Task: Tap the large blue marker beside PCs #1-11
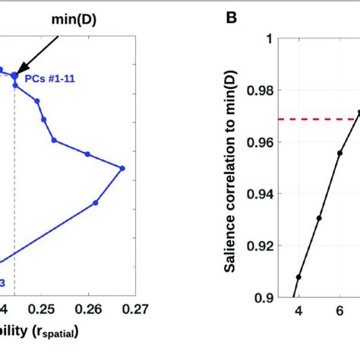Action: point(14,75)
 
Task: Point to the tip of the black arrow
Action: point(17,71)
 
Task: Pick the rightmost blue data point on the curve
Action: point(122,168)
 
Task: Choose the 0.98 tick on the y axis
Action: point(259,90)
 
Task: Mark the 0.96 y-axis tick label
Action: point(259,142)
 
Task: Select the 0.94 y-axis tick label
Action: point(259,194)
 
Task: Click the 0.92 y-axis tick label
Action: point(259,245)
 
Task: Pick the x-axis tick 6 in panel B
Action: point(339,311)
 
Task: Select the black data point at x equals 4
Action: point(298,276)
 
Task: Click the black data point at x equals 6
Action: point(339,153)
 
